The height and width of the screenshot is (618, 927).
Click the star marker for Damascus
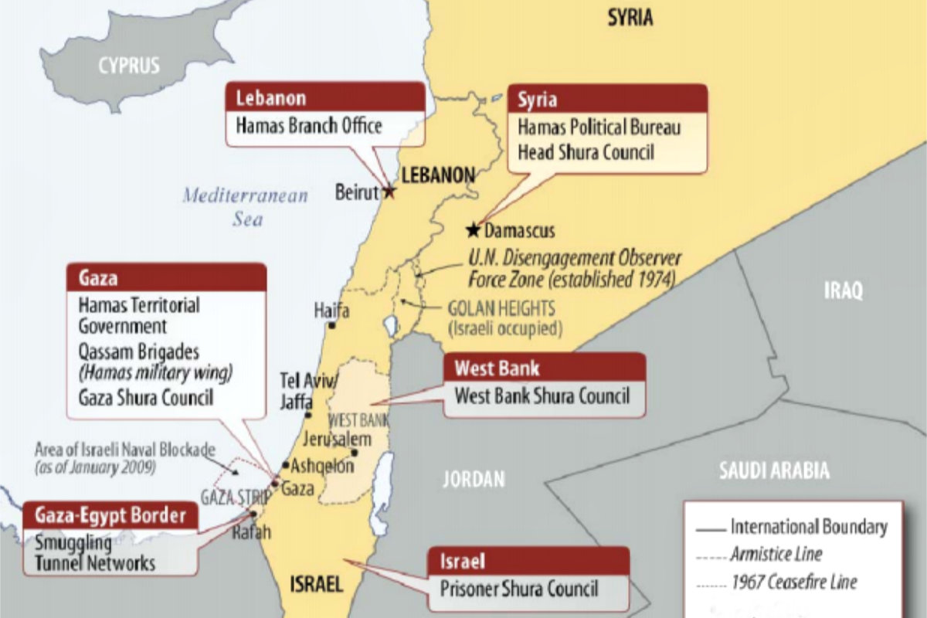[473, 229]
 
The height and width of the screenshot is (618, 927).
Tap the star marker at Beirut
[389, 192]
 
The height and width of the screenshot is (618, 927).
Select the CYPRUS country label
[128, 65]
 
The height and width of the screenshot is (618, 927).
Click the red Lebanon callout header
[324, 98]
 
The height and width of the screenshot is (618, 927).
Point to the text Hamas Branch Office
[308, 125]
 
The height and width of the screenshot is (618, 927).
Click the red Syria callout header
[607, 99]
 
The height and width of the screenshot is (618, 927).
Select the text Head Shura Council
[586, 152]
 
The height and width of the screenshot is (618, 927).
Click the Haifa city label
[331, 311]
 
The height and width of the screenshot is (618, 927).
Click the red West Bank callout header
[544, 368]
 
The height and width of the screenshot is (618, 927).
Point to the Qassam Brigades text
[139, 351]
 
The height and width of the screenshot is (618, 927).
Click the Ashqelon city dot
[285, 466]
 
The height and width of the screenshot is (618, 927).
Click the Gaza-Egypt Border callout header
[110, 514]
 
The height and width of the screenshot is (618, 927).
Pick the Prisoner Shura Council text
[519, 588]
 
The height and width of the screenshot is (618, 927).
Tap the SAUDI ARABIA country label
[774, 470]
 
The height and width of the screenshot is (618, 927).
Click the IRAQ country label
[842, 290]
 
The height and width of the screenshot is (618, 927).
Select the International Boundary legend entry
[808, 528]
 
